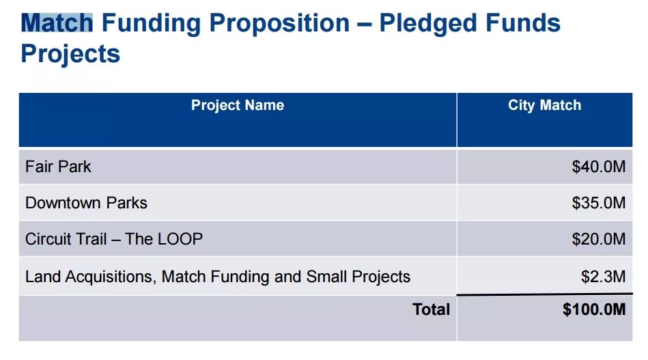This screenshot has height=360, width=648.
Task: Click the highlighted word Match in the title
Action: tap(57, 23)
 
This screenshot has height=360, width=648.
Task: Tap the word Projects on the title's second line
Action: tap(70, 53)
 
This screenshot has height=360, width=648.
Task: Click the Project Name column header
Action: tap(238, 105)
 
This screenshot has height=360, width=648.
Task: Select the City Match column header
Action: tap(544, 105)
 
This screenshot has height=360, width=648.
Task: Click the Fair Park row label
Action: tap(58, 167)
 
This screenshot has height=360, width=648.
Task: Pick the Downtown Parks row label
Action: tap(86, 203)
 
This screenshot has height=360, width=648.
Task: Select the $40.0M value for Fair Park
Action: tap(599, 167)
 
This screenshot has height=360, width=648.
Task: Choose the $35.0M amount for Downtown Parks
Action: tap(599, 203)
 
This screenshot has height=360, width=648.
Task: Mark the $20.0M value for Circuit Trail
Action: tap(599, 239)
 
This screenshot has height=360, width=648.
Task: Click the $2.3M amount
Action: tap(603, 277)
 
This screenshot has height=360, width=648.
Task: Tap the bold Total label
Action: tap(432, 309)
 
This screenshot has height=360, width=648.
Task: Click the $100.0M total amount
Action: tap(594, 309)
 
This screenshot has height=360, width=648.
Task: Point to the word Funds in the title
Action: tap(526, 23)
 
